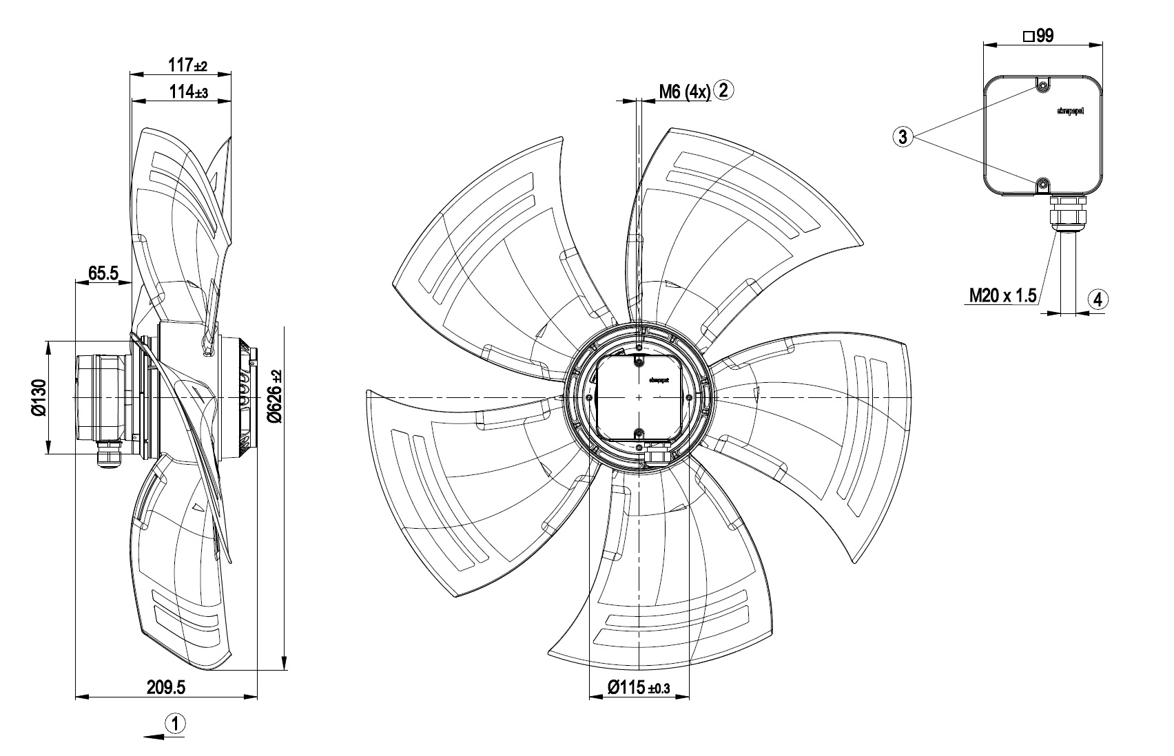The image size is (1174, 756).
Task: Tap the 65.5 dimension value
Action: click(102, 273)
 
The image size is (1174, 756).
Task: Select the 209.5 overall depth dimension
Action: click(166, 686)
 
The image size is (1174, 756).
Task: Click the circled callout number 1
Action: click(176, 724)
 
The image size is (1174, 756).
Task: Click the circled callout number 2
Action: click(725, 90)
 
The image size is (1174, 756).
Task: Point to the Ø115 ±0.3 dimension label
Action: click(639, 686)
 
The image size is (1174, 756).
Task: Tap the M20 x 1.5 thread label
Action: click(1002, 296)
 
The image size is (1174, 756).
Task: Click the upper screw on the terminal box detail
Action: click(1043, 86)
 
